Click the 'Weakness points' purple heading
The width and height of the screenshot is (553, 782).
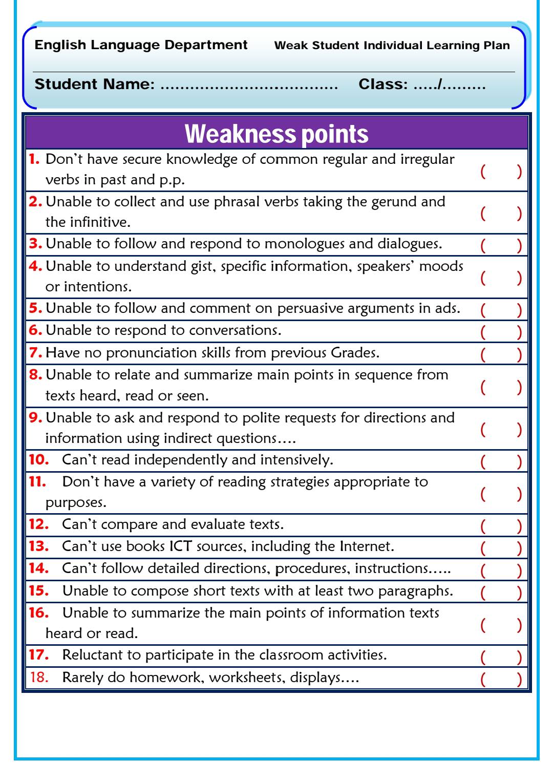tap(276, 134)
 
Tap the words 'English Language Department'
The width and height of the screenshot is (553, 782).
tap(141, 45)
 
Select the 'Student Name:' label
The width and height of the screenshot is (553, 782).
tap(94, 84)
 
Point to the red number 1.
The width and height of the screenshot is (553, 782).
tap(34, 159)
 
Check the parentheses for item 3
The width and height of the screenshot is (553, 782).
tap(501, 245)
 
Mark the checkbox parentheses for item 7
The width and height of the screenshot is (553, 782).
tap(501, 354)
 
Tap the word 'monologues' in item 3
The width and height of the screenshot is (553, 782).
tap(304, 244)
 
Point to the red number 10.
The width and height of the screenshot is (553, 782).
tap(38, 460)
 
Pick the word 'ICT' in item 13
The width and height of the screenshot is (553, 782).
tap(181, 546)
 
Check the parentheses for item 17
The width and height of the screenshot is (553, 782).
tap(501, 656)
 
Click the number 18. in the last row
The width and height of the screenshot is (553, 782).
tap(39, 678)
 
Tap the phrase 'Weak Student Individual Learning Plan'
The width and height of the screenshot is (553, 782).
tap(392, 46)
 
